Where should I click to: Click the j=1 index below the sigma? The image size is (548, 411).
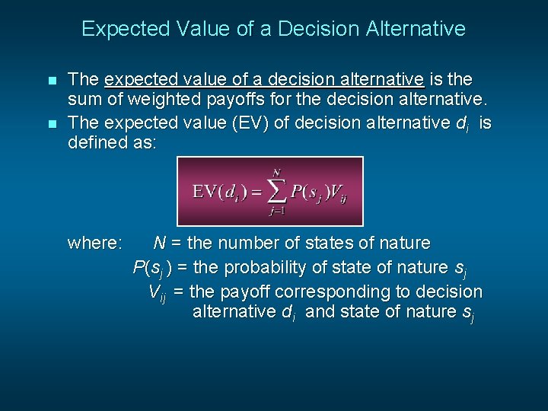coord(276,212)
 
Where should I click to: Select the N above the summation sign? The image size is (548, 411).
coord(276,173)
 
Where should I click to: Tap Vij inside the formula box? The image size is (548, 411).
coord(339,193)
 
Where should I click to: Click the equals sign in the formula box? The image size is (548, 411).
coord(256,192)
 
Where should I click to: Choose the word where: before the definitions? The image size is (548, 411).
coord(94,244)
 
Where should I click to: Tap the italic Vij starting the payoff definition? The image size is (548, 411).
coord(157,293)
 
